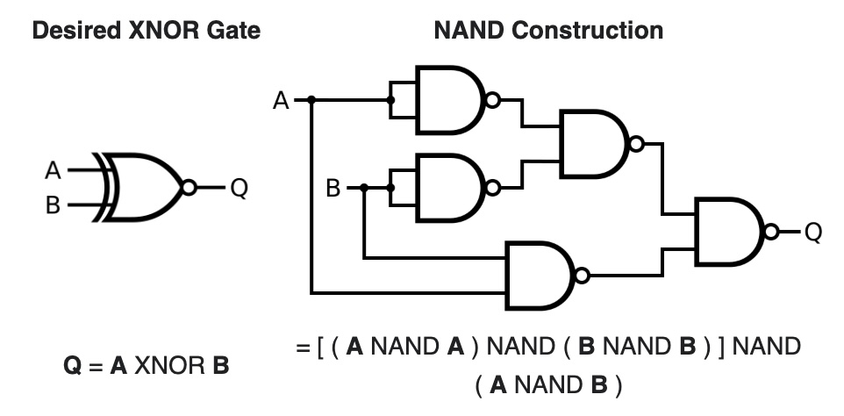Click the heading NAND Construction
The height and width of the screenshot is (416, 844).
(x=548, y=31)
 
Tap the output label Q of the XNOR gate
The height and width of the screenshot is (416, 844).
(x=238, y=188)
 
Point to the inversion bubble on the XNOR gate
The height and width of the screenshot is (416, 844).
(x=187, y=187)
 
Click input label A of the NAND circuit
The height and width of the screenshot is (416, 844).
(x=281, y=101)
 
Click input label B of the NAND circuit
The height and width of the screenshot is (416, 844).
(x=333, y=188)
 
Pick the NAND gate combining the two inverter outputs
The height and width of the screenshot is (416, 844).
(x=592, y=144)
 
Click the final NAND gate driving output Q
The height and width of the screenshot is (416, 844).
(x=727, y=232)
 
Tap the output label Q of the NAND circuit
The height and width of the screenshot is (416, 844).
(x=813, y=232)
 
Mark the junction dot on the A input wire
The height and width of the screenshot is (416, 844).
(x=311, y=101)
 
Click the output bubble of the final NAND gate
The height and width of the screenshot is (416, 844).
(x=770, y=232)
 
